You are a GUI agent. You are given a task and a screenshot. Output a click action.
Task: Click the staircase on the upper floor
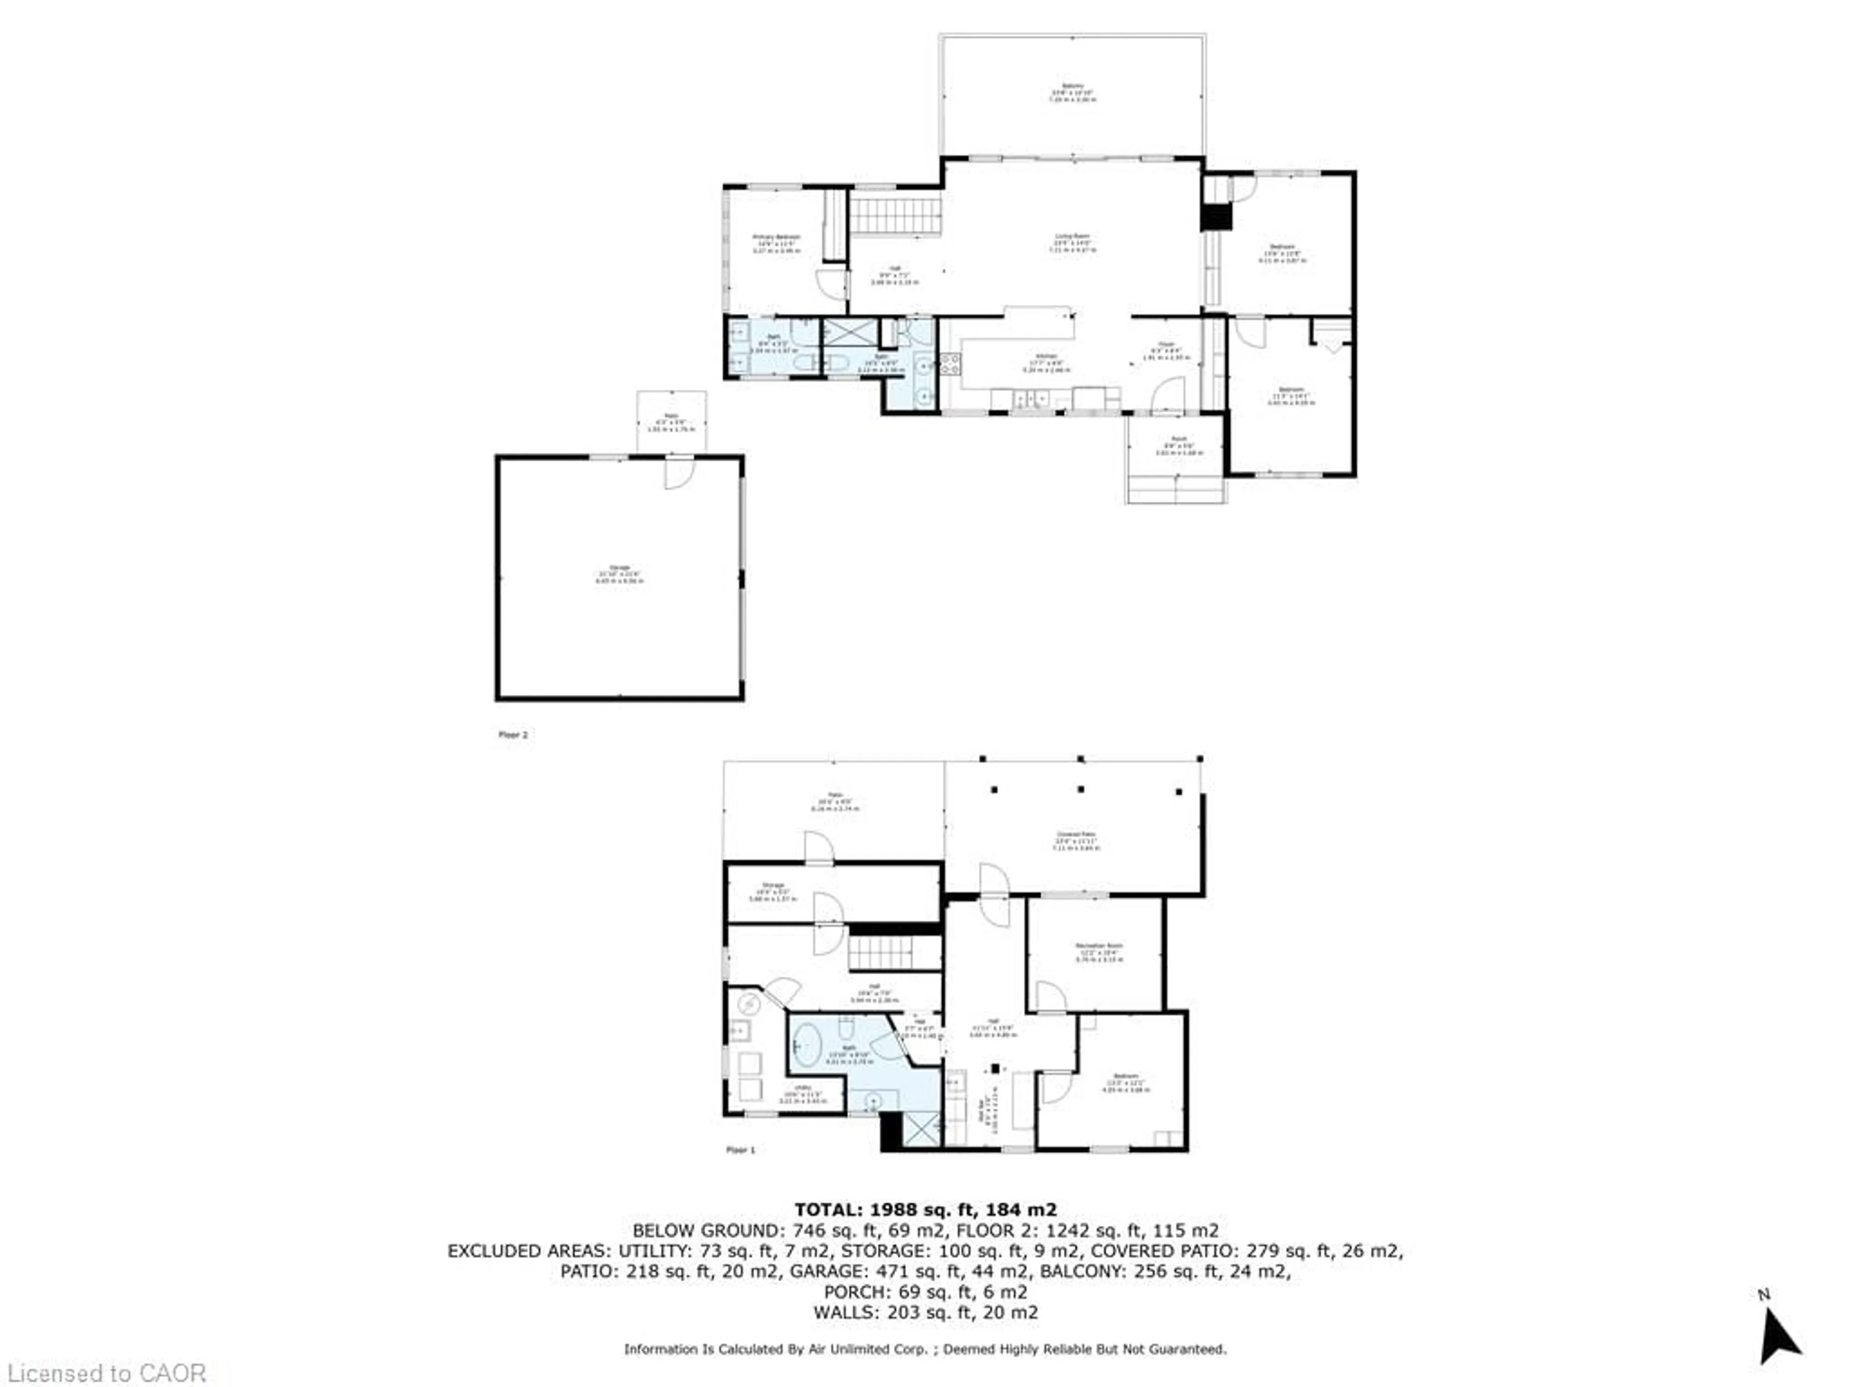(896, 216)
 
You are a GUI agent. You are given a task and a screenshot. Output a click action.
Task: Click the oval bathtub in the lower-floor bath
(808, 1045)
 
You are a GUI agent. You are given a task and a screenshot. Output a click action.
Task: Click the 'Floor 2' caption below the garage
(513, 735)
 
